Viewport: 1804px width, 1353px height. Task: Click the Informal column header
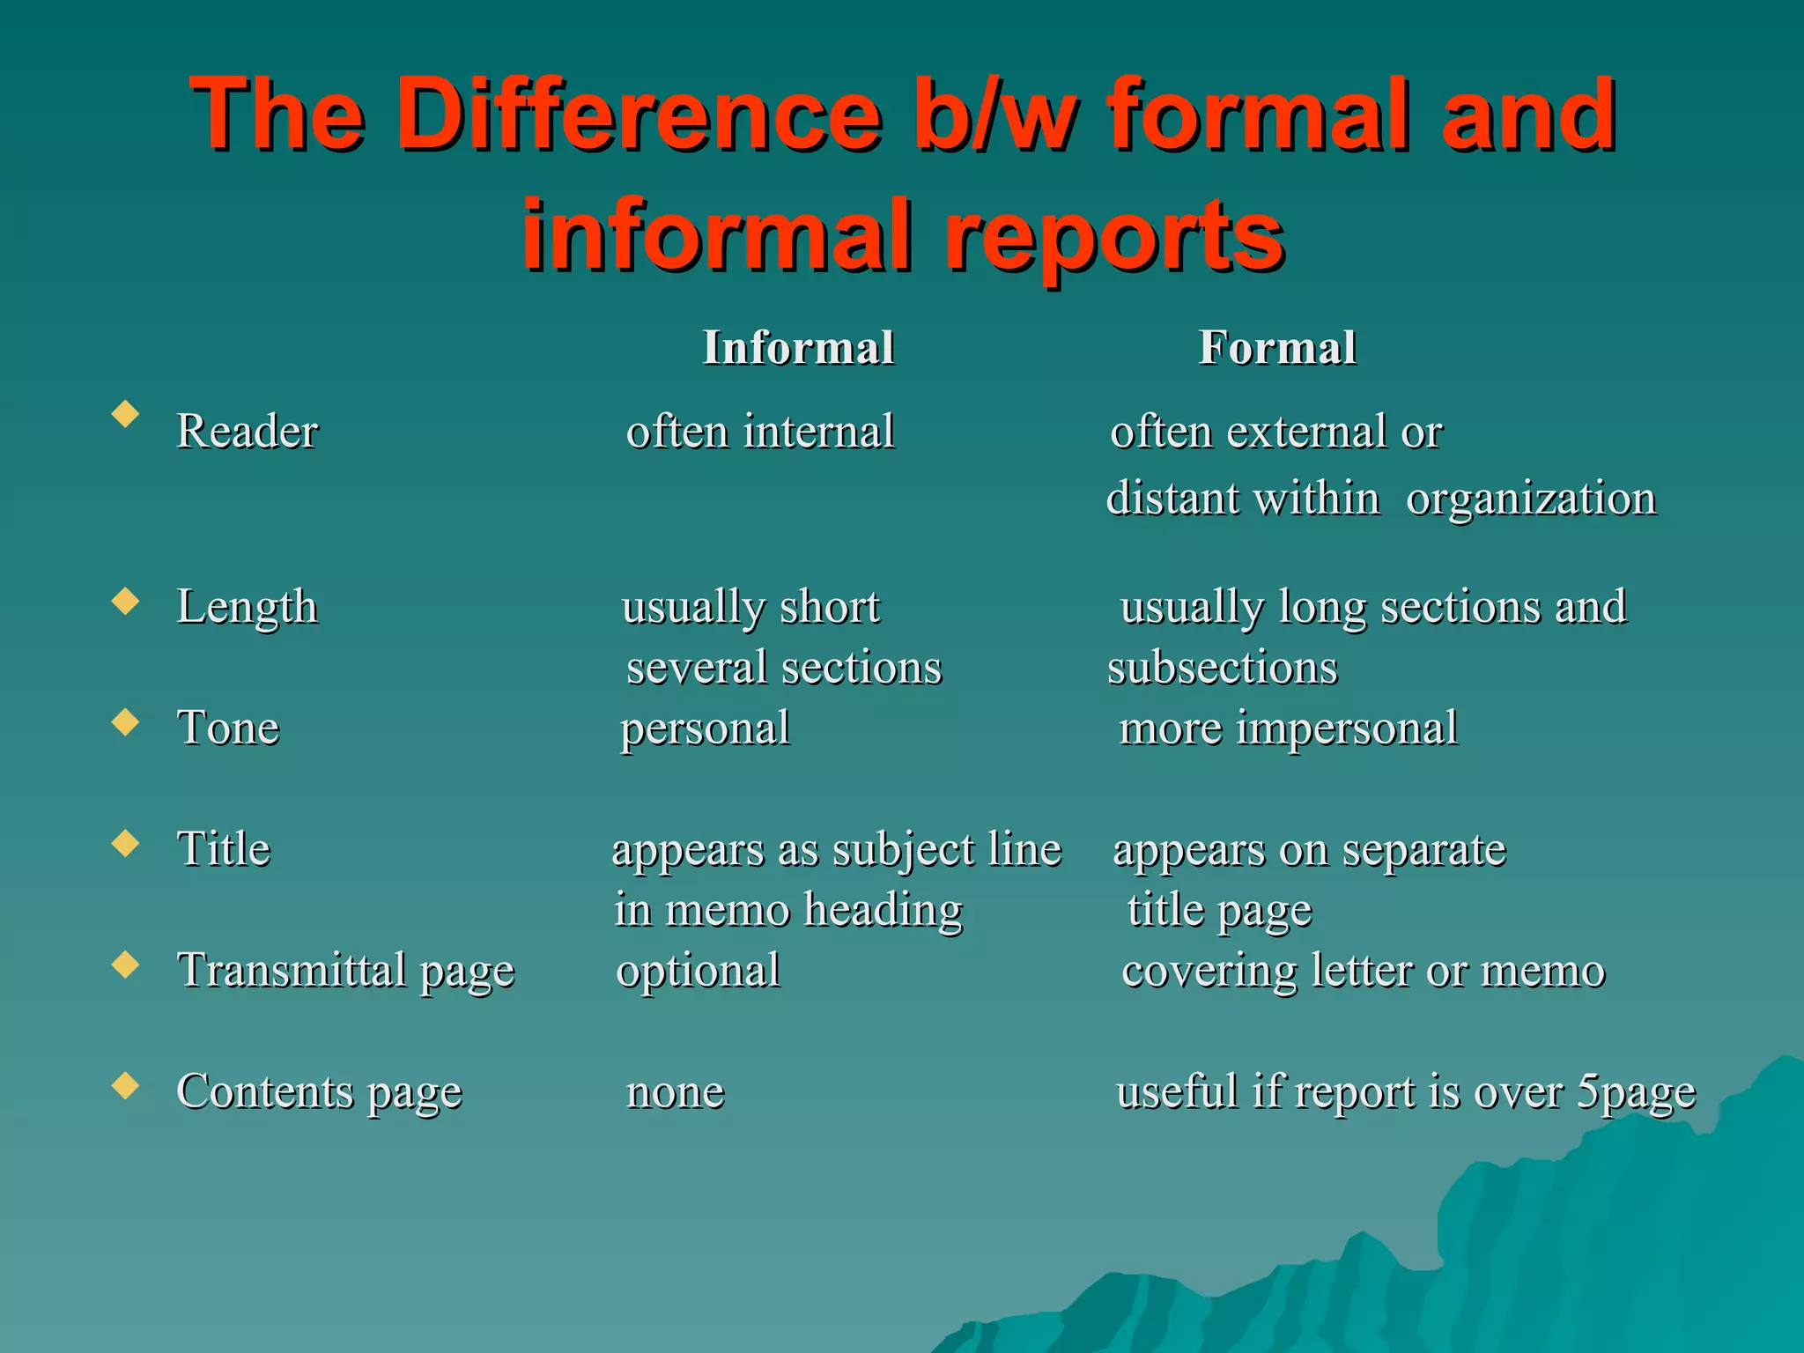click(798, 347)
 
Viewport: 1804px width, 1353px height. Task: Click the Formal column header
click(1277, 347)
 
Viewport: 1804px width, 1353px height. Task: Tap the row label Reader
click(247, 432)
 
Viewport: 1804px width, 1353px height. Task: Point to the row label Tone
click(228, 728)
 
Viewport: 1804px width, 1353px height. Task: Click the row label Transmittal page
click(346, 971)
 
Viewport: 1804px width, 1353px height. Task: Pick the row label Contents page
click(319, 1092)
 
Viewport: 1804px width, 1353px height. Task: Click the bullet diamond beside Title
click(126, 843)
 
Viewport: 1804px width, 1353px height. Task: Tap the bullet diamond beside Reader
click(126, 414)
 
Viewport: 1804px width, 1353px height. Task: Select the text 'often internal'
click(760, 432)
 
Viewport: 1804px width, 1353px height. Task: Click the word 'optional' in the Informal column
click(698, 971)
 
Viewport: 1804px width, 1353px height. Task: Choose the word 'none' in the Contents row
click(675, 1092)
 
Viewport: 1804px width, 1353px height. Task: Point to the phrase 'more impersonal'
click(1288, 728)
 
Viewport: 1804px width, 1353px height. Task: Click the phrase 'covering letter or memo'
click(1363, 971)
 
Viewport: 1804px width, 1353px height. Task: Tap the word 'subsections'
click(1223, 668)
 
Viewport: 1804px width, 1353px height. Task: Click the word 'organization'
click(1531, 499)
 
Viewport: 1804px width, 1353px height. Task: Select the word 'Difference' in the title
click(638, 115)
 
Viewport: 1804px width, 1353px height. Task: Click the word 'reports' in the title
click(1113, 234)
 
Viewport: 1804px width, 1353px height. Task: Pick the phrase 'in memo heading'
click(788, 910)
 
